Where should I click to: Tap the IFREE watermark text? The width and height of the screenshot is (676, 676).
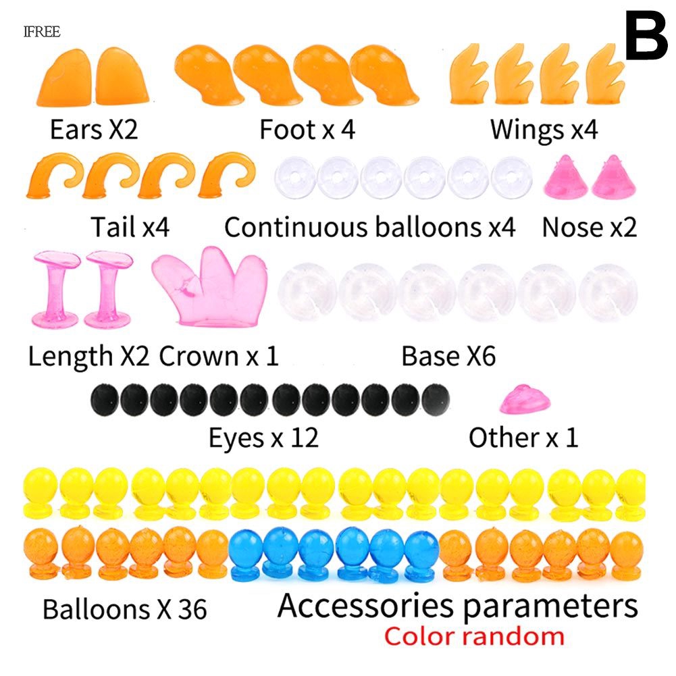coord(42,31)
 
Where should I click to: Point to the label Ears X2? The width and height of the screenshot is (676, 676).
coord(94,129)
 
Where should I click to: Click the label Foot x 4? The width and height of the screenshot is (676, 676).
coord(307,129)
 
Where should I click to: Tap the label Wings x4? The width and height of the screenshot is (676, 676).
coord(544,129)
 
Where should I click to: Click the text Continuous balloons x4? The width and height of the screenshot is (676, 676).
coord(370,228)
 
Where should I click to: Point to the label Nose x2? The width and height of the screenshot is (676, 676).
coord(589,228)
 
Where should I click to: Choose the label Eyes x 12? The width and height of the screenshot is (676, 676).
coord(263,438)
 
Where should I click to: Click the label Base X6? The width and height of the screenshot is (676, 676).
coord(448,356)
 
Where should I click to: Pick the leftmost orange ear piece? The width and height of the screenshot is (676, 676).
coord(68,77)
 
